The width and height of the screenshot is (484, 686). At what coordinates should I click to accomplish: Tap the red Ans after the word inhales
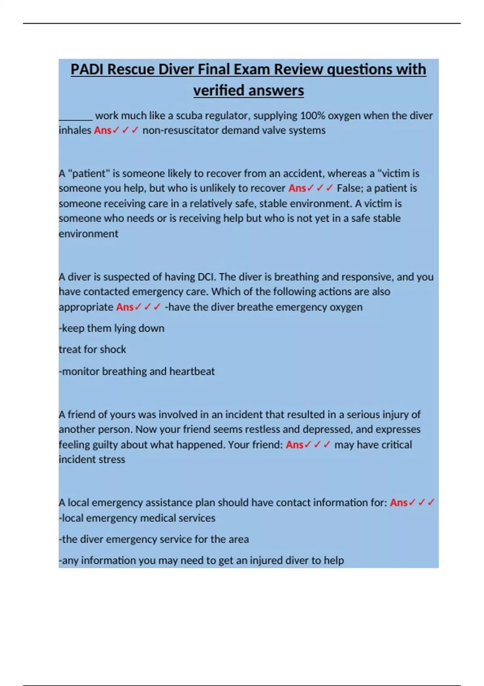coord(102,130)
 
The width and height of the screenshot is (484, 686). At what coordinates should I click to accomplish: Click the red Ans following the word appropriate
coord(125,307)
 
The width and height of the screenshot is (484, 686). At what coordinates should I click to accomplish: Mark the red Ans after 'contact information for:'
coord(398,503)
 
